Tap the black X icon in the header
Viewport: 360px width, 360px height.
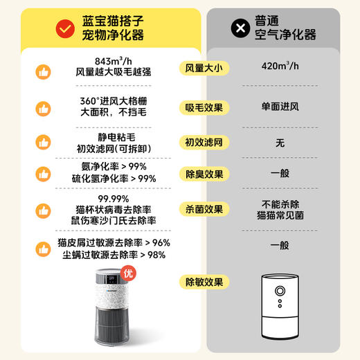point(240,28)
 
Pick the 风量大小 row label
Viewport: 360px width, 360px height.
point(204,68)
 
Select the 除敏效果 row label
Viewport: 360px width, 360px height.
point(204,282)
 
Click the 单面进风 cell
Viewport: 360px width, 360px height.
point(280,106)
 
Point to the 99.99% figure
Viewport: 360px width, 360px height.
point(114,198)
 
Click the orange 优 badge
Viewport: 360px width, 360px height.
point(128,273)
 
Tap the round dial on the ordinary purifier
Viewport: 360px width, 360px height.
point(282,291)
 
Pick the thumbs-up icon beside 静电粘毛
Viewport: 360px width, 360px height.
point(43,145)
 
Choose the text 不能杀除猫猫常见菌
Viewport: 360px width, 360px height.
point(280,209)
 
